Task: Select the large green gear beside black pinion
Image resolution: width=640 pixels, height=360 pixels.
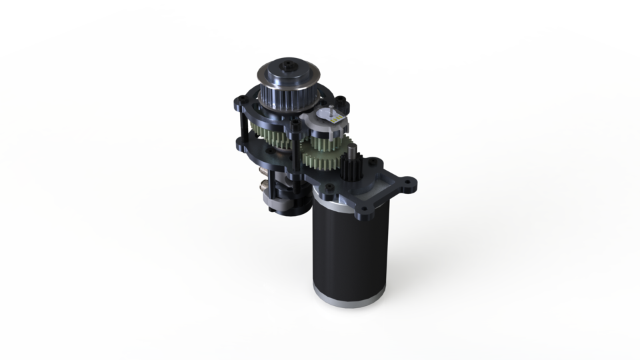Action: coord(323,161)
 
